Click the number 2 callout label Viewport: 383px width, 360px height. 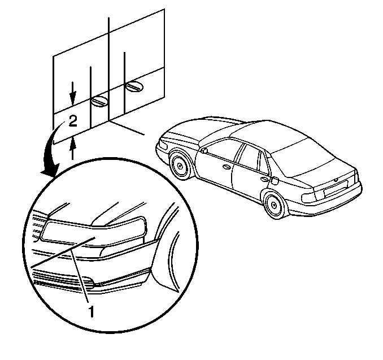pos(73,121)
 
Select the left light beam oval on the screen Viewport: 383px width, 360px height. pos(99,101)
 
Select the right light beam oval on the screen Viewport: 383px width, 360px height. pos(134,87)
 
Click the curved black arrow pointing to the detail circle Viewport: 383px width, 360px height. pos(51,150)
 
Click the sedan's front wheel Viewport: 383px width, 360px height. pos(180,167)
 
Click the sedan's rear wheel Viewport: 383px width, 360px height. pos(275,205)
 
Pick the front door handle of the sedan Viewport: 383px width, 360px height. pos(227,167)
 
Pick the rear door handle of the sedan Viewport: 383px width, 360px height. pos(264,180)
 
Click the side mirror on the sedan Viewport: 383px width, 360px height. pos(203,150)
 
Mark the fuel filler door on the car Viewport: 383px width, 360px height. pos(275,181)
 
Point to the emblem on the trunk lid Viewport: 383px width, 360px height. pos(336,180)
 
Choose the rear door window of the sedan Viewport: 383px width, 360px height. pos(250,158)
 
